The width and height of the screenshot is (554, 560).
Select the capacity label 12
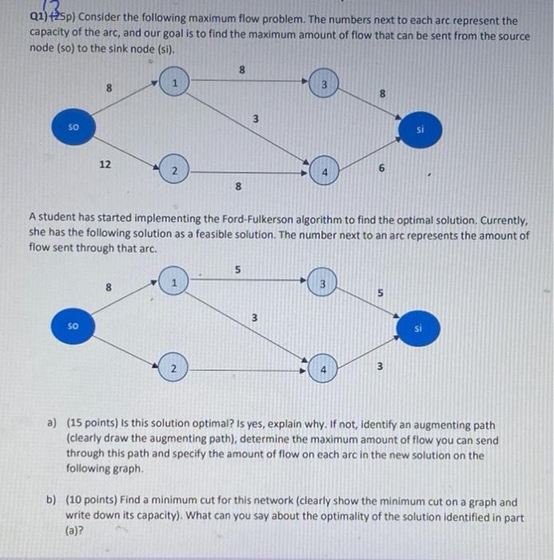[105, 163]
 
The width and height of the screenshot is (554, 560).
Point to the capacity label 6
[382, 169]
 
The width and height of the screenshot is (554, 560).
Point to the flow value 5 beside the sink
[381, 292]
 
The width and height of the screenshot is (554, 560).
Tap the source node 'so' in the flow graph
[74, 326]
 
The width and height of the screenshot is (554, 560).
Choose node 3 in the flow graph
[324, 284]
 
